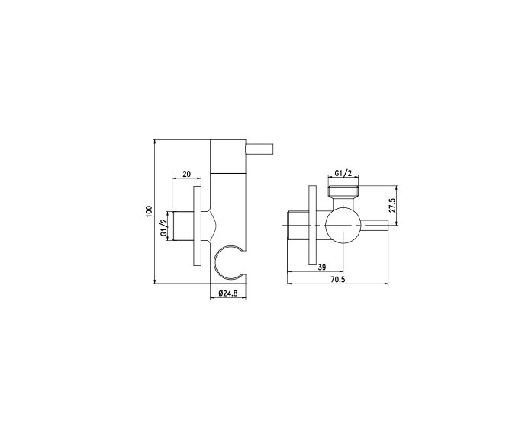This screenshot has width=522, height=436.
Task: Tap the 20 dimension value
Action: point(187,174)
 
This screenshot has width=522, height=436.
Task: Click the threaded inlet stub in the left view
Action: point(184,226)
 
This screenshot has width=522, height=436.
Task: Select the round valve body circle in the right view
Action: point(343,226)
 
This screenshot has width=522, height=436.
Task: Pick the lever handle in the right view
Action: point(375,226)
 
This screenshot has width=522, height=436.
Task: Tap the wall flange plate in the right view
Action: point(313,226)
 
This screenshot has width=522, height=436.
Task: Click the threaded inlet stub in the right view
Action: point(298,226)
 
